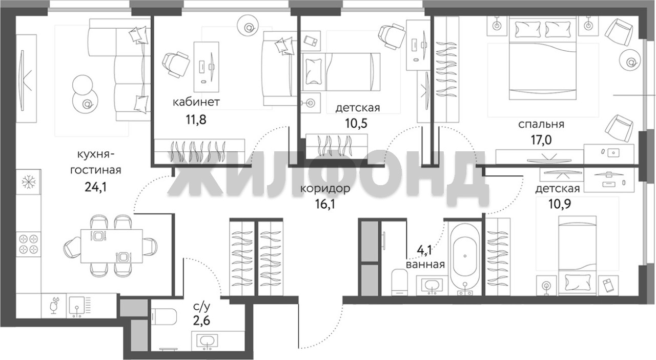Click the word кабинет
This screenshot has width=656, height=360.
tap(196, 102)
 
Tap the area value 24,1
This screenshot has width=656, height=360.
tap(95, 187)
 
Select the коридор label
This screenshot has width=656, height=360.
tap(325, 188)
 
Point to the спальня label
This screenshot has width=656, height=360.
tap(541, 124)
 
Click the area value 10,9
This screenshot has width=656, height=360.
tap(560, 204)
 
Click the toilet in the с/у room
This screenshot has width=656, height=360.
tap(164, 316)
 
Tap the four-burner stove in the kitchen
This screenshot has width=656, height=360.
tap(28, 244)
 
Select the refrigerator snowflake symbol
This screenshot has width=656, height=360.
tap(28, 182)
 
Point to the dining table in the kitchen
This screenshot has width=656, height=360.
tap(111, 246)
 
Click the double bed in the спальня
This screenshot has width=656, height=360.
tap(543, 58)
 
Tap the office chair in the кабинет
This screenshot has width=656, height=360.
tap(176, 65)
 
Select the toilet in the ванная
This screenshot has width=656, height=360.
tap(400, 281)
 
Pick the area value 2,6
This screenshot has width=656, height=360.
tap(201, 321)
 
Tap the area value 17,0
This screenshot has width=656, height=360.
tap(541, 140)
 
